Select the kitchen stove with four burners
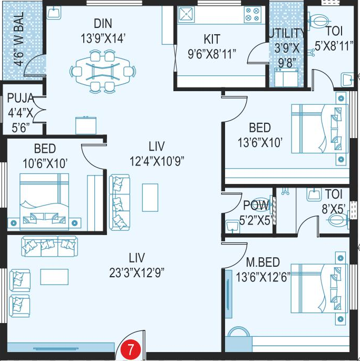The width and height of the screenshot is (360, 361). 252,15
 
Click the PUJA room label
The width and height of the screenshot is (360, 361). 20,97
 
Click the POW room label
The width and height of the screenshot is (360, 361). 256,205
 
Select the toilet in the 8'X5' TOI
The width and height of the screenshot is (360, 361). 337,222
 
